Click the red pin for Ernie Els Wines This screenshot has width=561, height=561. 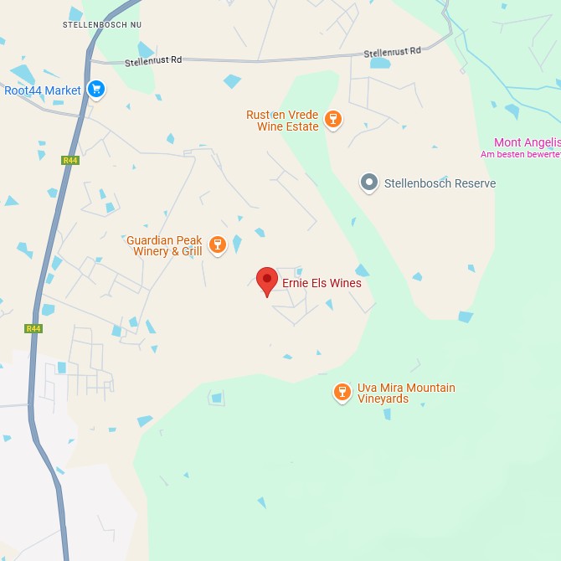click(x=266, y=280)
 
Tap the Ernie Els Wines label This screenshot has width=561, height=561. click(x=322, y=283)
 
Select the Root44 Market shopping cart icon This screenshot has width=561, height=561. click(x=96, y=89)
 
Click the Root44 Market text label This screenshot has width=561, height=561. click(x=43, y=90)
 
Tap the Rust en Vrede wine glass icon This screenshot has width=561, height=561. click(x=333, y=119)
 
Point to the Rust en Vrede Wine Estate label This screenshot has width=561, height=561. click(x=282, y=121)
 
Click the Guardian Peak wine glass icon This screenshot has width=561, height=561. click(x=218, y=244)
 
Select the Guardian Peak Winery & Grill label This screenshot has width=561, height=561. click(x=164, y=245)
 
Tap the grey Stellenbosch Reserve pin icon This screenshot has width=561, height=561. click(x=368, y=183)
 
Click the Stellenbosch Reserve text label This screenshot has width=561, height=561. click(x=440, y=183)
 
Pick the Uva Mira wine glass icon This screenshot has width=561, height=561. click(x=342, y=392)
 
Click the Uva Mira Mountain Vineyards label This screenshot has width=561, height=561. click(x=406, y=393)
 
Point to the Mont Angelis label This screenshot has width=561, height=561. click(x=527, y=142)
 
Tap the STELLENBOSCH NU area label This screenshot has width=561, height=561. click(x=102, y=25)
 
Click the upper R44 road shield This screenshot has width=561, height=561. click(x=69, y=160)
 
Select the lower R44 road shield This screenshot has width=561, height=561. click(x=33, y=328)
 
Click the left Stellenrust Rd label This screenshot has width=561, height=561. click(x=153, y=61)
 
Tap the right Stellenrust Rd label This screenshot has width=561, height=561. click(x=392, y=53)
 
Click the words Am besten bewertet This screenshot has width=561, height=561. click(x=520, y=154)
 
